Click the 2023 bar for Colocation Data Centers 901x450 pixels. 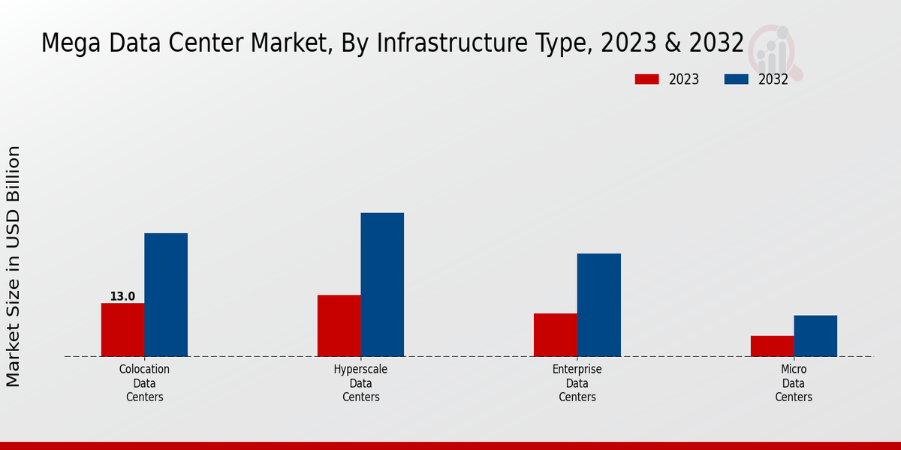coord(122,329)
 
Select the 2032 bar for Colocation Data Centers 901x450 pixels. coord(166,295)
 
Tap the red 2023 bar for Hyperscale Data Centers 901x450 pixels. coord(339,325)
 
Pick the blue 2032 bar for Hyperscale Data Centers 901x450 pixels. coord(382,284)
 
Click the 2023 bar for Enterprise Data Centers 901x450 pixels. coord(556,334)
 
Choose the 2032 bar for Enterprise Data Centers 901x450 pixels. coord(599,304)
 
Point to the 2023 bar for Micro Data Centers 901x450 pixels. coord(772,346)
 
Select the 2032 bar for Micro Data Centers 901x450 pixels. coord(815,335)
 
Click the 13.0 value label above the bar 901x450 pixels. coord(122,296)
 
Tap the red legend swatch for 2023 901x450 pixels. coord(646,79)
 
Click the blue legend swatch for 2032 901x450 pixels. coord(736,79)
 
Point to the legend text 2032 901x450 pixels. coord(773,79)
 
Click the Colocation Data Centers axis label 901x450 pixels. coord(144,382)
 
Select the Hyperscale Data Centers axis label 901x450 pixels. coord(360,382)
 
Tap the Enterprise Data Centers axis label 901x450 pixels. coord(577,382)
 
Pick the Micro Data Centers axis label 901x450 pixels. coord(794,382)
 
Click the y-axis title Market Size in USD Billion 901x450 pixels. coord(14,266)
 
